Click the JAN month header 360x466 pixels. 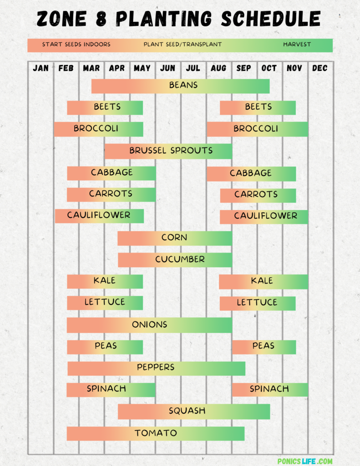click(41, 68)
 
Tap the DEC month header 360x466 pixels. click(319, 68)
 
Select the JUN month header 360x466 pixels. click(167, 68)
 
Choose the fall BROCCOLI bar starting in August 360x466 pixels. click(257, 129)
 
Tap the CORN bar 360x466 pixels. click(175, 238)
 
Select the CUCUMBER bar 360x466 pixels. click(175, 259)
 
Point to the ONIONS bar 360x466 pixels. click(149, 325)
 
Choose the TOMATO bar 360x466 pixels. click(156, 433)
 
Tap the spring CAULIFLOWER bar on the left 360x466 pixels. click(99, 216)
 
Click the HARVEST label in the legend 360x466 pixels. click(297, 45)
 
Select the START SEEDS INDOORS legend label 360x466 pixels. click(76, 45)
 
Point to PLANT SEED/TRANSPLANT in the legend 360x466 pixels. click(183, 45)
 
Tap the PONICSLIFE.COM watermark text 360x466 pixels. click(305, 461)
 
